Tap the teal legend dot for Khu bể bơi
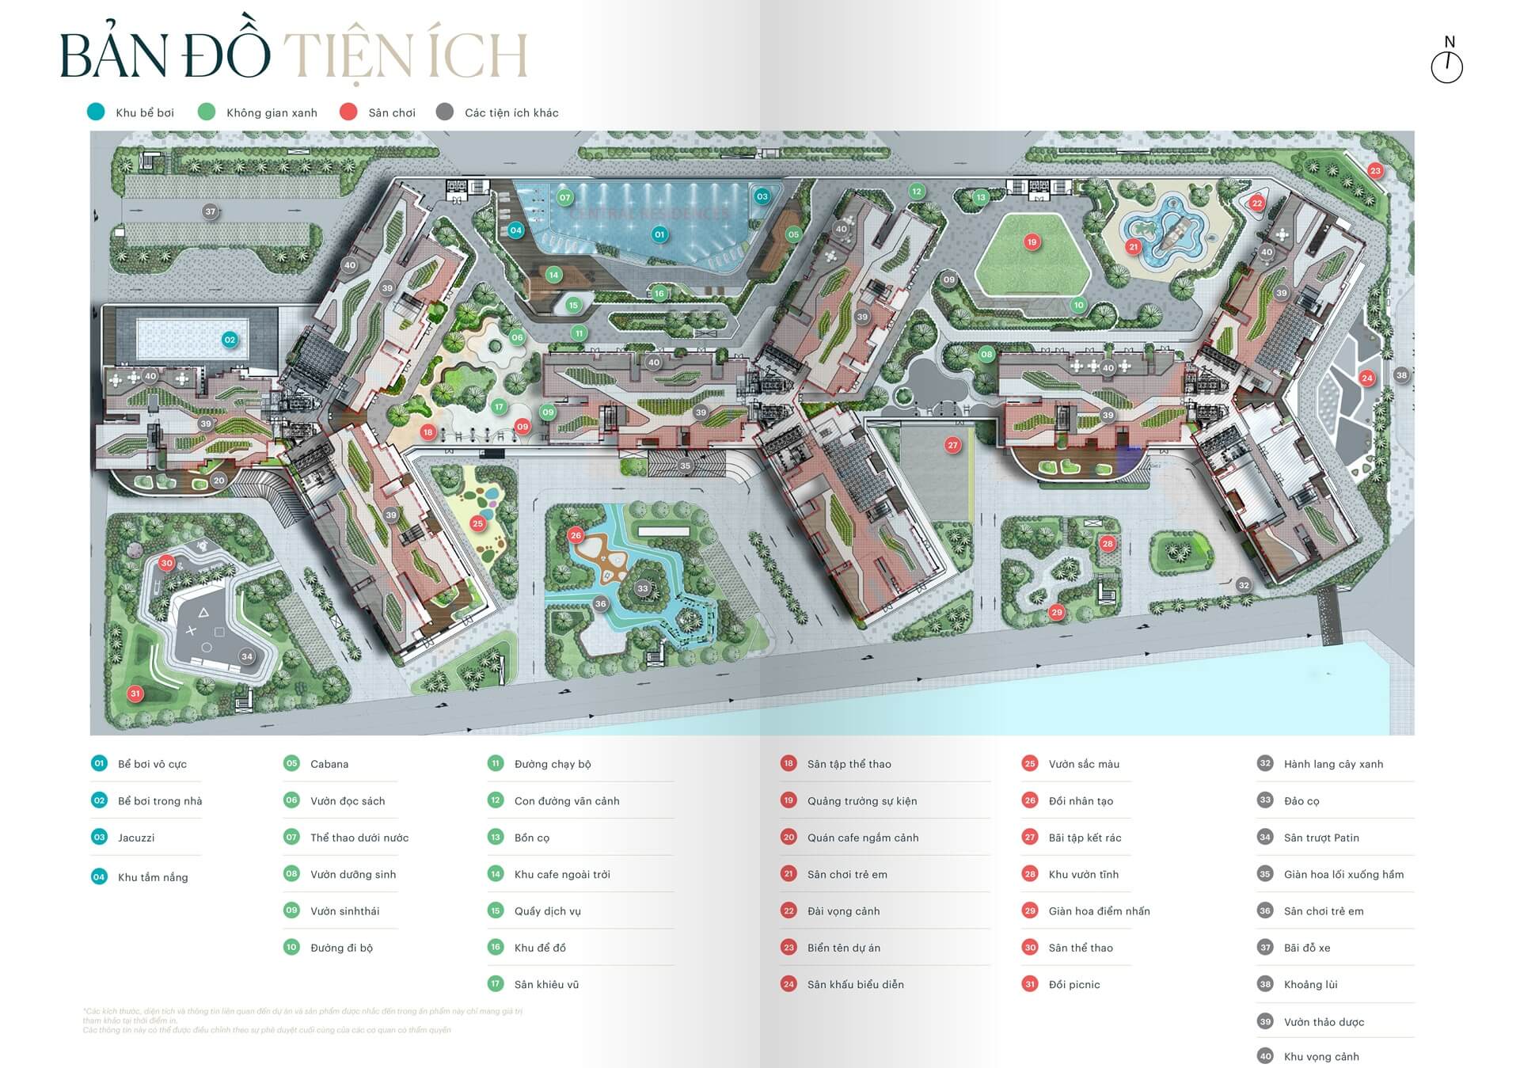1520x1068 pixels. coord(96,112)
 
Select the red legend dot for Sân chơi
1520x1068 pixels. coord(348,112)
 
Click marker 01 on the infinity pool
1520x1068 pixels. coord(659,234)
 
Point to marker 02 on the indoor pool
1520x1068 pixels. coord(230,340)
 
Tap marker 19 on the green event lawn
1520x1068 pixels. coord(1032,242)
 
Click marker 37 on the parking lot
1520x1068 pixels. coord(210,211)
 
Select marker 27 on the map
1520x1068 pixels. coord(953,445)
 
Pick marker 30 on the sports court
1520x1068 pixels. coord(166,563)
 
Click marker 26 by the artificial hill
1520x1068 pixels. coord(576,535)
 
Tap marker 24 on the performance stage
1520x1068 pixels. coord(1367,378)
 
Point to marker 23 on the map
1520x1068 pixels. coord(1375,170)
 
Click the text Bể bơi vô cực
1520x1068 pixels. coord(152,764)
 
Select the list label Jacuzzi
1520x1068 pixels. coord(136,838)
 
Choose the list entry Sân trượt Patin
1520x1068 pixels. coord(1321,838)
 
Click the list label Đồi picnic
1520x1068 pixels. coord(1074,984)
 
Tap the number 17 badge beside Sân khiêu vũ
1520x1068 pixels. coord(496,984)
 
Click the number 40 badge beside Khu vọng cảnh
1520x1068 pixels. coord(1265,1056)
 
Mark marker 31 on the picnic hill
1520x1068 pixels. coord(135,694)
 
